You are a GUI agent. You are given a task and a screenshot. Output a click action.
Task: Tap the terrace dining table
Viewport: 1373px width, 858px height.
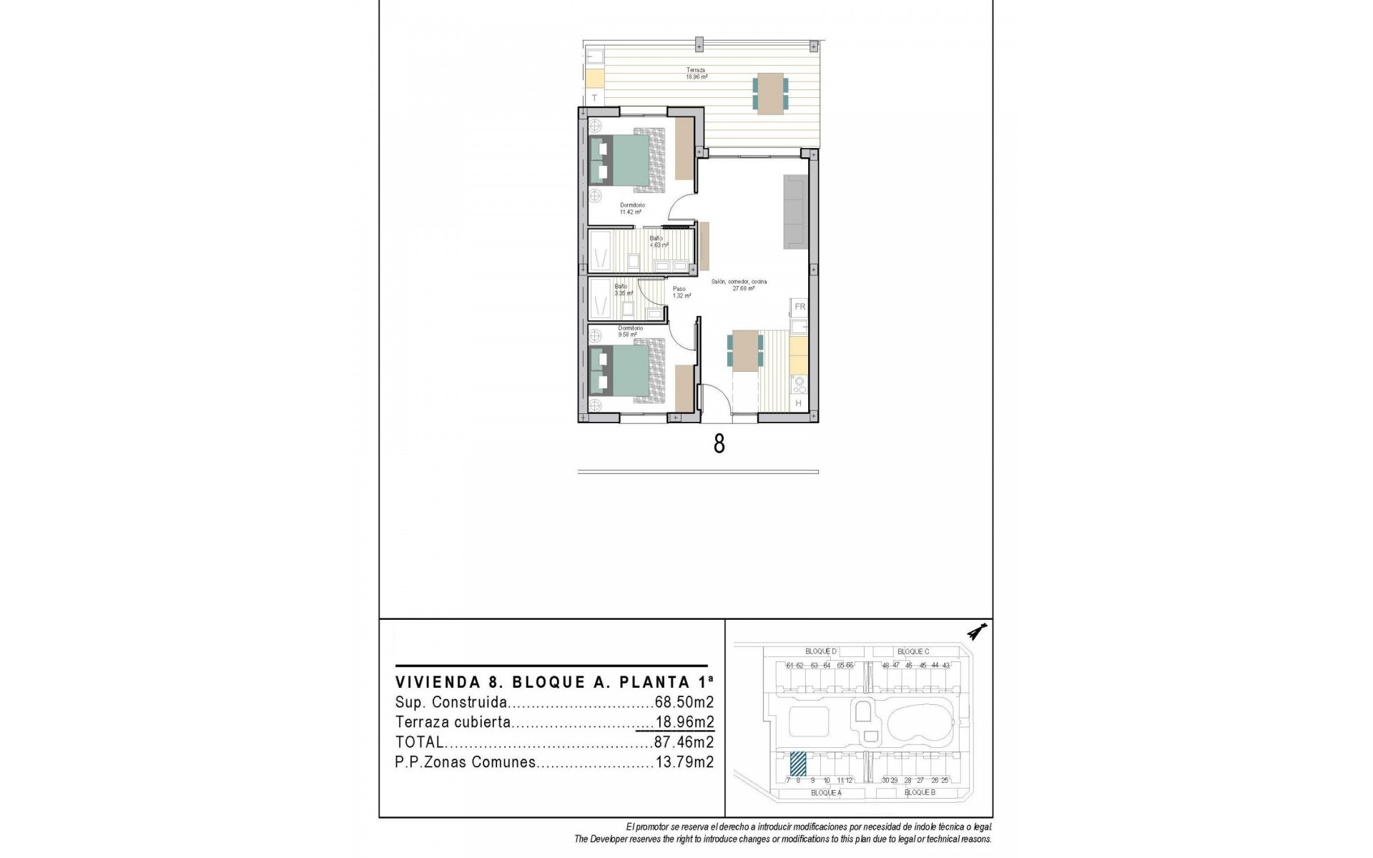tap(770, 93)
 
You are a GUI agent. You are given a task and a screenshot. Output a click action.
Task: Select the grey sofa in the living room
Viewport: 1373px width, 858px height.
tap(795, 212)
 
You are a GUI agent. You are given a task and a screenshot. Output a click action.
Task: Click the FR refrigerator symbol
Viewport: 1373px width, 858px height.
tap(799, 307)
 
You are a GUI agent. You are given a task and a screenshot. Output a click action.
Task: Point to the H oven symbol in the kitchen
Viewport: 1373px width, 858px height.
tap(799, 403)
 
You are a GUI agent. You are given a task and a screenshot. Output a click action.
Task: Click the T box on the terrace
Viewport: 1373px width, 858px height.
tap(594, 97)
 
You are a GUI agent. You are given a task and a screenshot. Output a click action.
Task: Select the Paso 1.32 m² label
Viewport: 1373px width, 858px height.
tap(681, 292)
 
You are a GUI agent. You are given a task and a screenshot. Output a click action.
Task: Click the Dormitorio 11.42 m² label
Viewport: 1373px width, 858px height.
tap(631, 209)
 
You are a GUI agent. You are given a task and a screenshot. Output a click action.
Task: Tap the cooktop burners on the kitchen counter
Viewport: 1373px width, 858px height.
tap(799, 385)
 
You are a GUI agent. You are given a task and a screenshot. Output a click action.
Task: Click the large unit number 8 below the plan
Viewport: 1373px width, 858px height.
tap(719, 444)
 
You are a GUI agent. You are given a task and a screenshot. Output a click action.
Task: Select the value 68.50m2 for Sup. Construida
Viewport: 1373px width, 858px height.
tap(684, 702)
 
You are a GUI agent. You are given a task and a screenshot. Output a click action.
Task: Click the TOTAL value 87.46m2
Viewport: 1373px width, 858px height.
tap(684, 742)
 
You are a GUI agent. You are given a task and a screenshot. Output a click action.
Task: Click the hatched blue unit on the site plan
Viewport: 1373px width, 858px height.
tap(797, 764)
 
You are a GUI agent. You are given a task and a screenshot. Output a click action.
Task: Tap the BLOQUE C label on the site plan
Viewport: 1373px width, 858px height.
tap(913, 651)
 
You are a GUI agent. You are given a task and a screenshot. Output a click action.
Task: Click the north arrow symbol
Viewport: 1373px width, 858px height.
tap(976, 631)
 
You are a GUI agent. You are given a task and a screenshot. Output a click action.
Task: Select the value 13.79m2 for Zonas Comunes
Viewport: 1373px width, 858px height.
tap(684, 762)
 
